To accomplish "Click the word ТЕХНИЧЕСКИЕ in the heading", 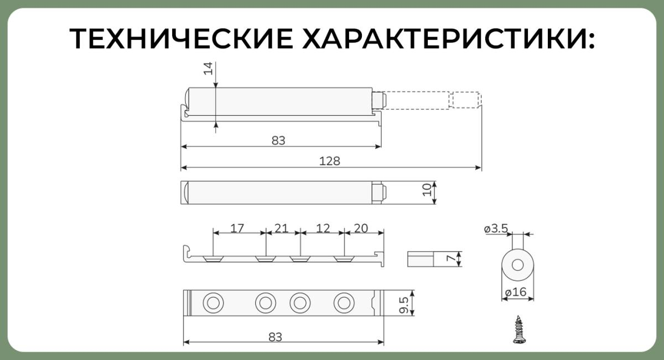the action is [181, 39].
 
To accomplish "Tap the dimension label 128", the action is [329, 161].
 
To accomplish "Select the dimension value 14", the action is [208, 69].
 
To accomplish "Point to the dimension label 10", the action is [427, 190].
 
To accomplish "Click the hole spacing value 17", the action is [237, 228].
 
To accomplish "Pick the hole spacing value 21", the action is [281, 228].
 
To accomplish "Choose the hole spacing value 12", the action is [323, 228].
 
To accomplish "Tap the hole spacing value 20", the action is [361, 228].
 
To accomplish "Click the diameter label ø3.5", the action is [496, 228].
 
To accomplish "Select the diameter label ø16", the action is [516, 292].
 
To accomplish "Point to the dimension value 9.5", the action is [404, 305].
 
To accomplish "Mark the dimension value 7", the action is [451, 259].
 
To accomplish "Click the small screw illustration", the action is [518, 330].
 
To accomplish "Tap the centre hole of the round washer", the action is [517, 265].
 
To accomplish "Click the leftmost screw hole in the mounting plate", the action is [213, 303].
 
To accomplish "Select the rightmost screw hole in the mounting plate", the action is [344, 303].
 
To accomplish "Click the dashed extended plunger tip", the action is [465, 100].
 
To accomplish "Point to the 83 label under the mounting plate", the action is [275, 337].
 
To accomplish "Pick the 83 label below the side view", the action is [278, 140].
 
